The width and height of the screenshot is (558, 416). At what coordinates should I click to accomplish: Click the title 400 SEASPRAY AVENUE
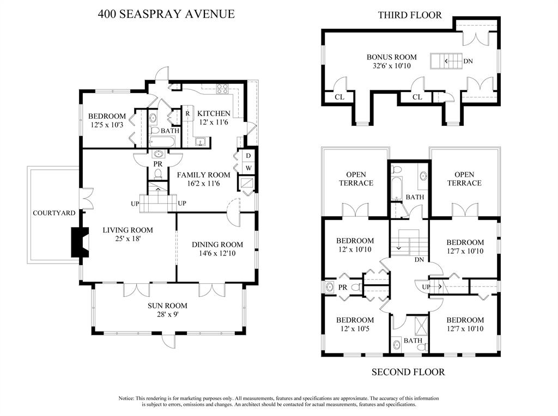pos(166,14)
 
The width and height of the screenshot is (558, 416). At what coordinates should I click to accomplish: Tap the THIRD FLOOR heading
pos(410,15)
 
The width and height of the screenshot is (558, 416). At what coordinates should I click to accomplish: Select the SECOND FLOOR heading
pos(408,372)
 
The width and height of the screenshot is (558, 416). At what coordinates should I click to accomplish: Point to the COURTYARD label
pos(54,213)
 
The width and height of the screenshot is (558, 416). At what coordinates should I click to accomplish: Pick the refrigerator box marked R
pos(187,113)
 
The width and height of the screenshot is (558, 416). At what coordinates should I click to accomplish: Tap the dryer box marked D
pos(248,156)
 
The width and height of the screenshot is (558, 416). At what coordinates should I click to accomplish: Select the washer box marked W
pos(248,168)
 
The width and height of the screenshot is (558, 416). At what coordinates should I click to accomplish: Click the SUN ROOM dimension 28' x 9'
pos(167,314)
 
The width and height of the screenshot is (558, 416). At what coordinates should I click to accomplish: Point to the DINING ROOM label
pos(217,244)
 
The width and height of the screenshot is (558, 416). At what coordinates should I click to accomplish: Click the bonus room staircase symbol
pos(446,61)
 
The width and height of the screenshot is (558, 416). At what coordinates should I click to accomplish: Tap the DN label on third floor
pos(468,62)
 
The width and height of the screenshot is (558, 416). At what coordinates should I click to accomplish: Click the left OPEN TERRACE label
pos(356,179)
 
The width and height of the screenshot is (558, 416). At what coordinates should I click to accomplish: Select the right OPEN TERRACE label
pos(464,179)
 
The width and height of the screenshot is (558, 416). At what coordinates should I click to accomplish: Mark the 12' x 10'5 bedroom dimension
pos(355,329)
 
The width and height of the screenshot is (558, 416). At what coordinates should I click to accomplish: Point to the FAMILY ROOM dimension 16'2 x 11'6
pos(203,184)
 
